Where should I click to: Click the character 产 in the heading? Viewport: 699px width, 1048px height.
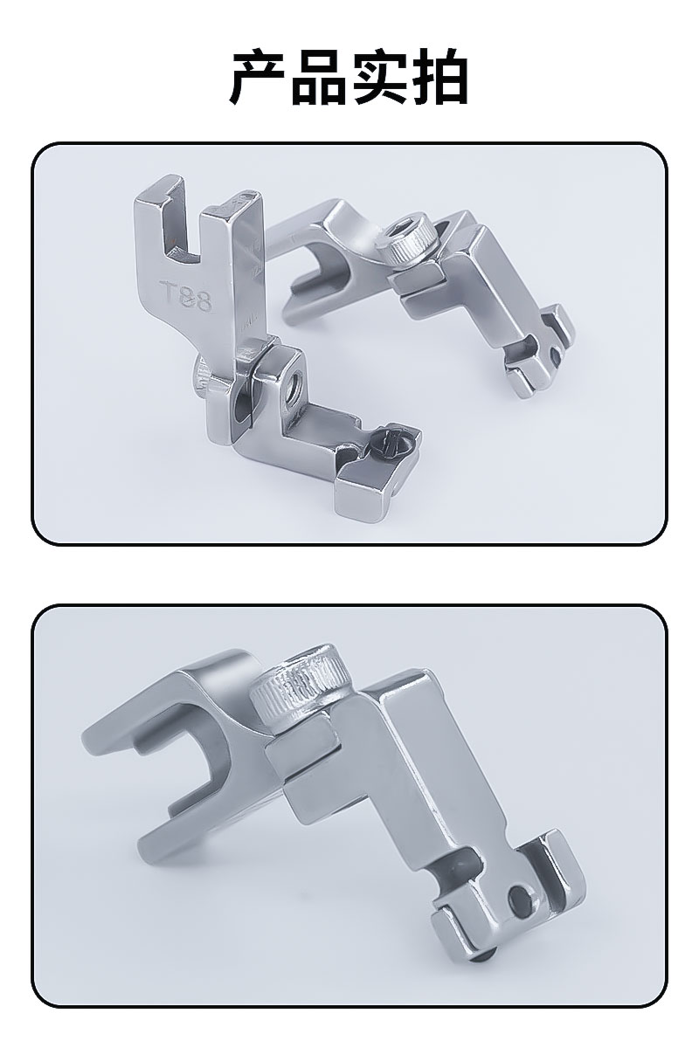click(259, 76)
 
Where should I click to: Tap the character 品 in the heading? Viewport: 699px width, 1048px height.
click(320, 76)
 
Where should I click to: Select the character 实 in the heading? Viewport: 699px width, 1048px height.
click(379, 76)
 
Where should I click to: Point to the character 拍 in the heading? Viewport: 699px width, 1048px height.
click(439, 76)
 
